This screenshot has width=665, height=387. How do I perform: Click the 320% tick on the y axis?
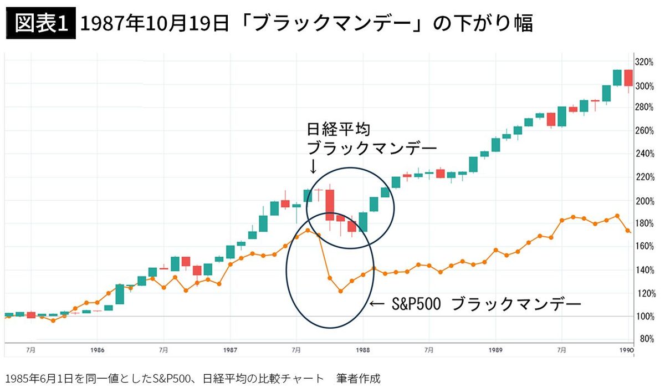[644, 62]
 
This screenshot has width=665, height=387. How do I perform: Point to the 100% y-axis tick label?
[644, 317]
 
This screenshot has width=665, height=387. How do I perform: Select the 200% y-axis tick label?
[644, 201]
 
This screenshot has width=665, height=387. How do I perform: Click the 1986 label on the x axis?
[97, 350]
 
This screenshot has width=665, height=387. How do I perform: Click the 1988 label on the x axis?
[363, 350]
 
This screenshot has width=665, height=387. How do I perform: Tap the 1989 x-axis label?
[496, 350]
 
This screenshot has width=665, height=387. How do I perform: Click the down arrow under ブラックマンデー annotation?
[313, 166]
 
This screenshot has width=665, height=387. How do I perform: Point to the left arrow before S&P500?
[376, 304]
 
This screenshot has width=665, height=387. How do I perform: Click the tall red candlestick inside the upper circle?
[330, 205]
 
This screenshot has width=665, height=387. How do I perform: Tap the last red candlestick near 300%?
[628, 78]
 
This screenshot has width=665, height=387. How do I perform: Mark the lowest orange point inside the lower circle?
[341, 291]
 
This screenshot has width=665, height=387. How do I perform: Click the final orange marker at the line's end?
[628, 231]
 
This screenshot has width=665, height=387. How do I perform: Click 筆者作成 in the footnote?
[359, 379]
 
